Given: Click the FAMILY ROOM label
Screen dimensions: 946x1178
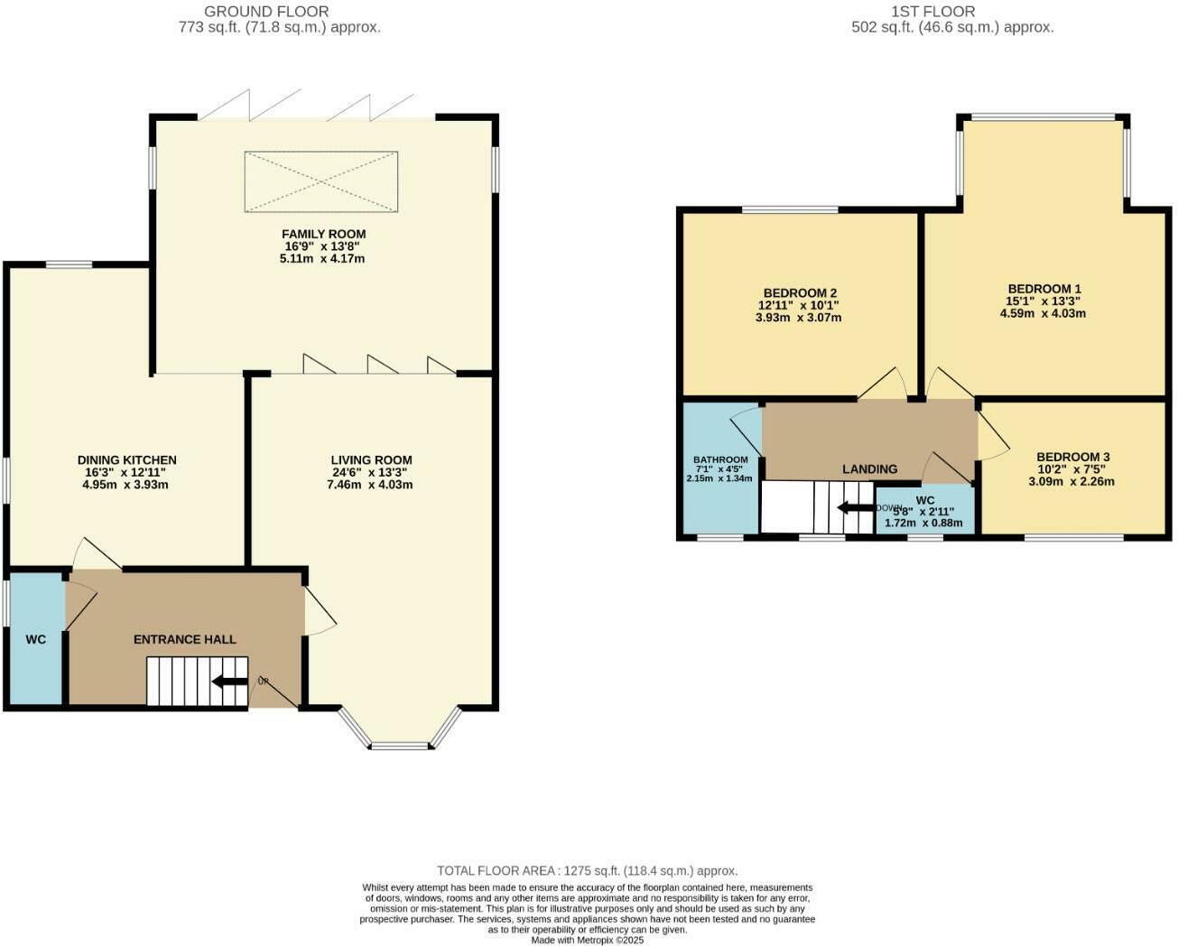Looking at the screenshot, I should (323, 234).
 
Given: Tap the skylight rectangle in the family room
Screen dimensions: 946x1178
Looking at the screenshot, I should (320, 182).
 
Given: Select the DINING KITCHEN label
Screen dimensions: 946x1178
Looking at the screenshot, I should (126, 460).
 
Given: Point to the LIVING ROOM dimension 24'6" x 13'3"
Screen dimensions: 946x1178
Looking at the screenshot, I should (371, 472).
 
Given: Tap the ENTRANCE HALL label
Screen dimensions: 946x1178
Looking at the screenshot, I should (185, 639).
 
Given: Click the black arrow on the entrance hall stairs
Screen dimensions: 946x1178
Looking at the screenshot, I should (229, 682).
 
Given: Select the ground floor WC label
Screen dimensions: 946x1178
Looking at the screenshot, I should (35, 640).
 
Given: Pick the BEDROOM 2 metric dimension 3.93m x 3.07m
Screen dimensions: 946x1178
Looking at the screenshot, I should (799, 317).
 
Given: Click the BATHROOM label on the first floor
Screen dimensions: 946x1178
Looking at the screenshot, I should (720, 459).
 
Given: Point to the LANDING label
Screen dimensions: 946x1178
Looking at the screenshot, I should (869, 468).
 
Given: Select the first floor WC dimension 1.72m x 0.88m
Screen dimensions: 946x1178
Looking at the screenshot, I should (923, 523).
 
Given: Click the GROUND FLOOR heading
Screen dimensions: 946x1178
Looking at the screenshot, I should (266, 12).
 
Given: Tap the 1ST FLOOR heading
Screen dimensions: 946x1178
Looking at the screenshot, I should (932, 12).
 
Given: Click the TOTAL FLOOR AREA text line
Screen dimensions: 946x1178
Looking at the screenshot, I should (587, 871).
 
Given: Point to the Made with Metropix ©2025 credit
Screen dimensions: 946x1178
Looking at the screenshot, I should (587, 940).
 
